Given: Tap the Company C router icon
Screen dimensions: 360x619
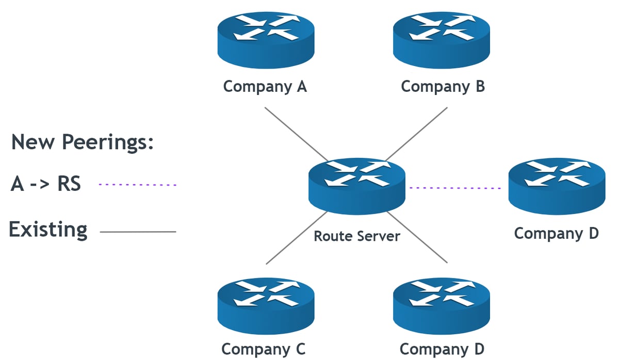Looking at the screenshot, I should pos(266,306).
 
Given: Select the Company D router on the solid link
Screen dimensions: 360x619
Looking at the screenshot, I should pos(441,306).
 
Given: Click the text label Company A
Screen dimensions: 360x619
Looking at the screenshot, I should pos(265,87).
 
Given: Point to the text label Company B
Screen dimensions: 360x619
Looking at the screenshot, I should pos(443,87).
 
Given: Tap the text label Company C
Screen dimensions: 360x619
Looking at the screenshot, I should pos(264,349).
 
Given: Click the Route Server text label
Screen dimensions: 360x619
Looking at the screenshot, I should pos(357,236).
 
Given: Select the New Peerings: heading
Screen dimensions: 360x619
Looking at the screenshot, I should pos(83,142).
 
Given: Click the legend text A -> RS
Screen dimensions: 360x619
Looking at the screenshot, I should pos(46,184).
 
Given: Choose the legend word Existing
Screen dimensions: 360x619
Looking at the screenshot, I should pos(48,230).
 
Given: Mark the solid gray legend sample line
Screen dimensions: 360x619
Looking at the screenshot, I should pos(138,232).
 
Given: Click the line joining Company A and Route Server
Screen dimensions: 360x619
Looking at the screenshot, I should pos(296,134).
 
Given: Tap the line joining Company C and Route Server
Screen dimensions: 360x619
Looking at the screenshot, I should pos(296,238).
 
